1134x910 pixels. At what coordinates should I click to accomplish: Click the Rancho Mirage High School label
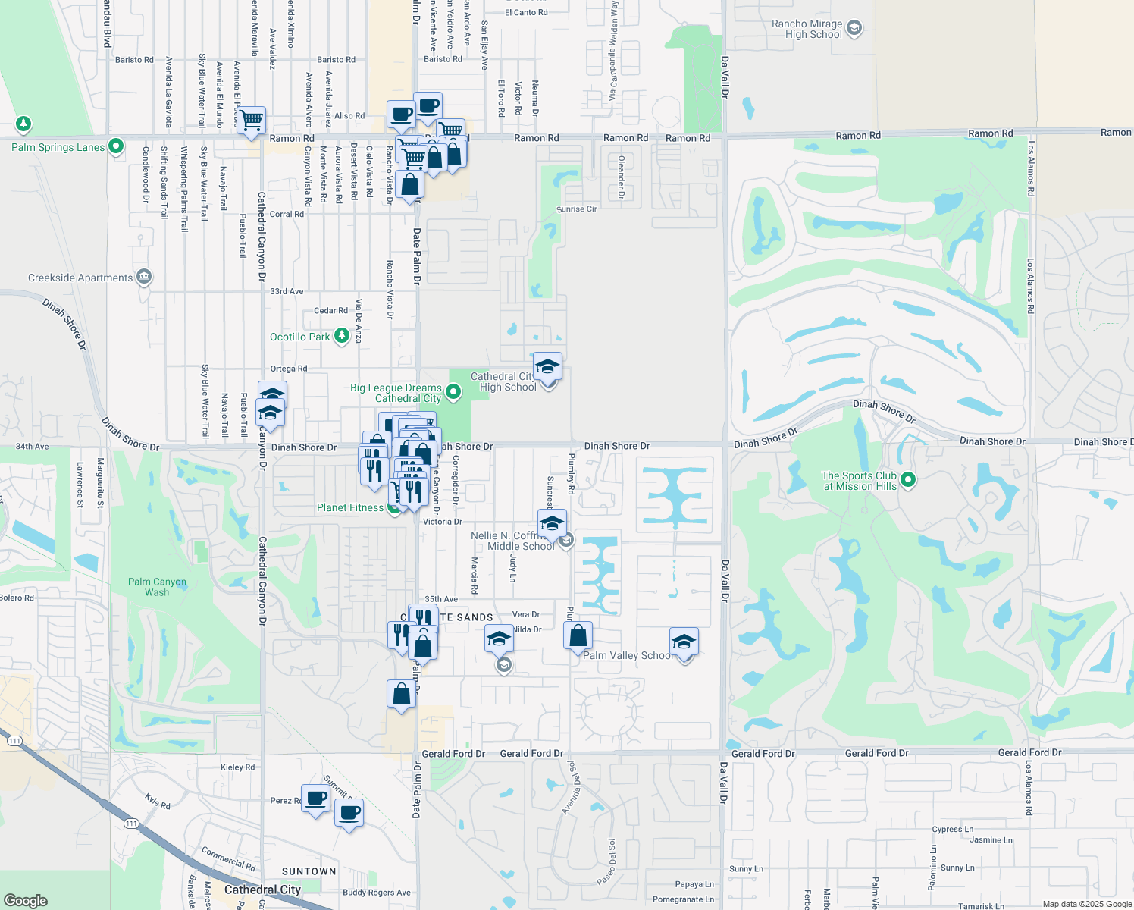(807, 29)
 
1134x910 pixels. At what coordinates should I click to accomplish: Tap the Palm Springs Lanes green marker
(116, 146)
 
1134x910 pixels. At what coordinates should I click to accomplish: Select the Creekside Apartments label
(80, 278)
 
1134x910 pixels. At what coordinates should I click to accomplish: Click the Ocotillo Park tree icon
(342, 336)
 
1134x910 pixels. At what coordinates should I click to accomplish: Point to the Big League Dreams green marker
(453, 392)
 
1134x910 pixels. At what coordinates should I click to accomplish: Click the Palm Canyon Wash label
(157, 587)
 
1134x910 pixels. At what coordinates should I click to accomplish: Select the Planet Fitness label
(350, 508)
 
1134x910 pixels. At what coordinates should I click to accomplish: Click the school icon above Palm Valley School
(684, 642)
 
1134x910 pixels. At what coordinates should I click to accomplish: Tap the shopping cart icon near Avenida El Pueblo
(251, 120)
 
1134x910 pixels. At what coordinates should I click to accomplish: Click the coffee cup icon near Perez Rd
(315, 798)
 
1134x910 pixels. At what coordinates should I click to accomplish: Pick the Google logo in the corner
(26, 901)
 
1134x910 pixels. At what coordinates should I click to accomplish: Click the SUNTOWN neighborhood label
(309, 871)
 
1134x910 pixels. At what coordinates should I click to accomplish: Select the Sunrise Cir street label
(577, 209)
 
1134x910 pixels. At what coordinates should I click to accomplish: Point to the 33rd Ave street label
(287, 291)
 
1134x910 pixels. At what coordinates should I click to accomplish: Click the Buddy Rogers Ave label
(377, 893)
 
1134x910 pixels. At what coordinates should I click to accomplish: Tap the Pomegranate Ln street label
(683, 899)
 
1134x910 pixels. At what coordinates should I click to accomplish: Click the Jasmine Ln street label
(991, 840)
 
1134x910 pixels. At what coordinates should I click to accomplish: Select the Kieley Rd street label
(237, 767)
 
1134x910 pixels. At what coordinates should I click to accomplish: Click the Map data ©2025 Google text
(1087, 904)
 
